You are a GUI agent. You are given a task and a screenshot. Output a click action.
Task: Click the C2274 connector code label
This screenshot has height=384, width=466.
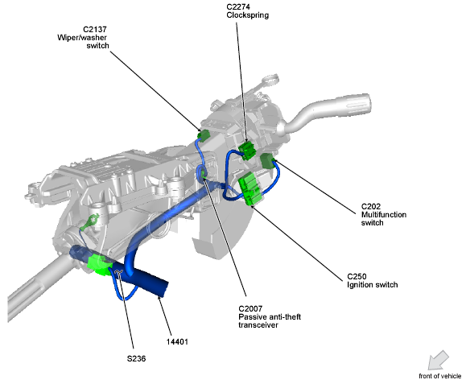[238, 6]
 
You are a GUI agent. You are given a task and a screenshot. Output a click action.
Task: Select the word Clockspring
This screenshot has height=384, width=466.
[248, 15]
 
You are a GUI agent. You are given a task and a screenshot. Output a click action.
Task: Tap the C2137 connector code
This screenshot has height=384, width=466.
[95, 30]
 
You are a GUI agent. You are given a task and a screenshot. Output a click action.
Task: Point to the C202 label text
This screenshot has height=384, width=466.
[370, 207]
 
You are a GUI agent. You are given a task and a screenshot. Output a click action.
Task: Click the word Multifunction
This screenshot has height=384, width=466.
[384, 215]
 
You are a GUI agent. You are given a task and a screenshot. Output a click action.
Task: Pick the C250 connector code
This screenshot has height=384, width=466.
[357, 277]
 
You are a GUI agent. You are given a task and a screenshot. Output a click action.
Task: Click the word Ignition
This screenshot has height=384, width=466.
[359, 285]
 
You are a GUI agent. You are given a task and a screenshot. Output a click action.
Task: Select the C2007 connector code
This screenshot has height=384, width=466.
[250, 309]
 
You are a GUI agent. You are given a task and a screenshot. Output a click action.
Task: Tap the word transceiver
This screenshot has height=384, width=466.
[258, 325]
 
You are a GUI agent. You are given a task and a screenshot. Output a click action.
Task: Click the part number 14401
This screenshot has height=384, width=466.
[177, 342]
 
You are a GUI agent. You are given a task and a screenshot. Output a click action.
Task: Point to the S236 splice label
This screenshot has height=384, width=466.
[136, 359]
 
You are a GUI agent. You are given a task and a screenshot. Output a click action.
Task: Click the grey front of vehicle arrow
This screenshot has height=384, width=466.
[438, 360]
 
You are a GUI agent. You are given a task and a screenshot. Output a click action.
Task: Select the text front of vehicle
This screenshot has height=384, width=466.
[440, 376]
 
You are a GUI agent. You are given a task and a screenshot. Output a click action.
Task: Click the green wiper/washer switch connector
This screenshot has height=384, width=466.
[204, 134]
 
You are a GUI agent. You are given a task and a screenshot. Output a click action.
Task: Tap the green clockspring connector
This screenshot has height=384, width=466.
[247, 150]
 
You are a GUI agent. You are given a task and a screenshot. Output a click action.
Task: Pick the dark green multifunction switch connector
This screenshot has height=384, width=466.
[267, 160]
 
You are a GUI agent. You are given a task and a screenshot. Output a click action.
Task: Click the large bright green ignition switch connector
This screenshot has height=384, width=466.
[250, 188]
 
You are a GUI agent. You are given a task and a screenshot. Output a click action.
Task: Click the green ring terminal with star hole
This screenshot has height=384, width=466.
[90, 222]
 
